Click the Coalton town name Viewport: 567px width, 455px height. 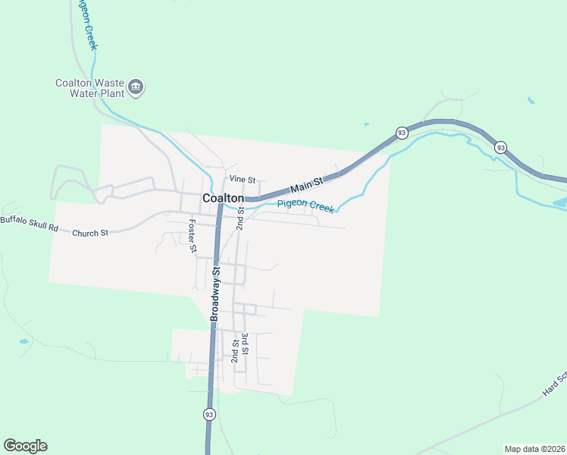(x=223, y=198)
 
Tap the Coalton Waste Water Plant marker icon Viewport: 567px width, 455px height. (x=136, y=88)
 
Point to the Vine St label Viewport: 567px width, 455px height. (x=243, y=179)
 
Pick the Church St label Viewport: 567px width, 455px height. (x=90, y=233)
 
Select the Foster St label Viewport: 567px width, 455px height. (x=193, y=236)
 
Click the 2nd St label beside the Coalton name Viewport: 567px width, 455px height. (x=240, y=217)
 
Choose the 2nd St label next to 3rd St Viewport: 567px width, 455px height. (x=235, y=350)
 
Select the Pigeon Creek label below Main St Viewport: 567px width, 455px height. (x=305, y=205)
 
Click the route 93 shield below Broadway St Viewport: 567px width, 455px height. (x=208, y=414)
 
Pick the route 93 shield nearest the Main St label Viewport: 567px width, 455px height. (x=401, y=133)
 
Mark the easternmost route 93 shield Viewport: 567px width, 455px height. (x=500, y=146)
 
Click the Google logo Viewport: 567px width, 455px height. (x=25, y=446)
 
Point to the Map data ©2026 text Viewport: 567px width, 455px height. (x=535, y=448)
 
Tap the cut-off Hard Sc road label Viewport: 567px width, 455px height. (x=555, y=385)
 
